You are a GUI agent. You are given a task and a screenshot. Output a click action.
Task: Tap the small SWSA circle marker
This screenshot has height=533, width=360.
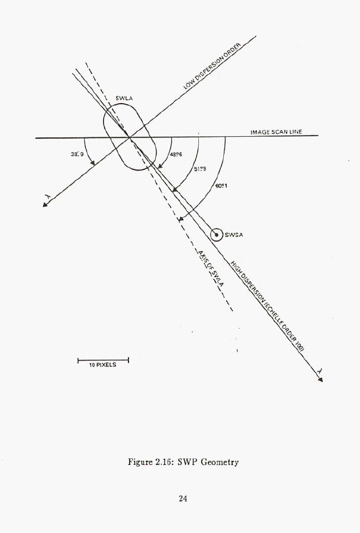217,235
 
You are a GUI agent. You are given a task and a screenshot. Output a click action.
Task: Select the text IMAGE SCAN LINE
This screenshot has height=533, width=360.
276,132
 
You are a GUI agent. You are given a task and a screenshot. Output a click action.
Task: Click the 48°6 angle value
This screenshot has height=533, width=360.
175,154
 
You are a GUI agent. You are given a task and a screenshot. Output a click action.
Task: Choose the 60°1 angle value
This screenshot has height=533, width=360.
222,185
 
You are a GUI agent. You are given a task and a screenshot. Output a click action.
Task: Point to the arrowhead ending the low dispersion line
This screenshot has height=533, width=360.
45,205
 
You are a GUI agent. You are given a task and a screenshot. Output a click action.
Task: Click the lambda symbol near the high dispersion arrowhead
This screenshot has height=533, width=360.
320,370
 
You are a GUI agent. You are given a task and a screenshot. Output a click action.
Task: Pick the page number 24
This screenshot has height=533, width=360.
183,498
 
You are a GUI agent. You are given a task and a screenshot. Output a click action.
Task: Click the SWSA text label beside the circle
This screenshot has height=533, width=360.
234,235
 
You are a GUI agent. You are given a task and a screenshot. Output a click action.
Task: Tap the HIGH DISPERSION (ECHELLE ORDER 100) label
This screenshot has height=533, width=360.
267,307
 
